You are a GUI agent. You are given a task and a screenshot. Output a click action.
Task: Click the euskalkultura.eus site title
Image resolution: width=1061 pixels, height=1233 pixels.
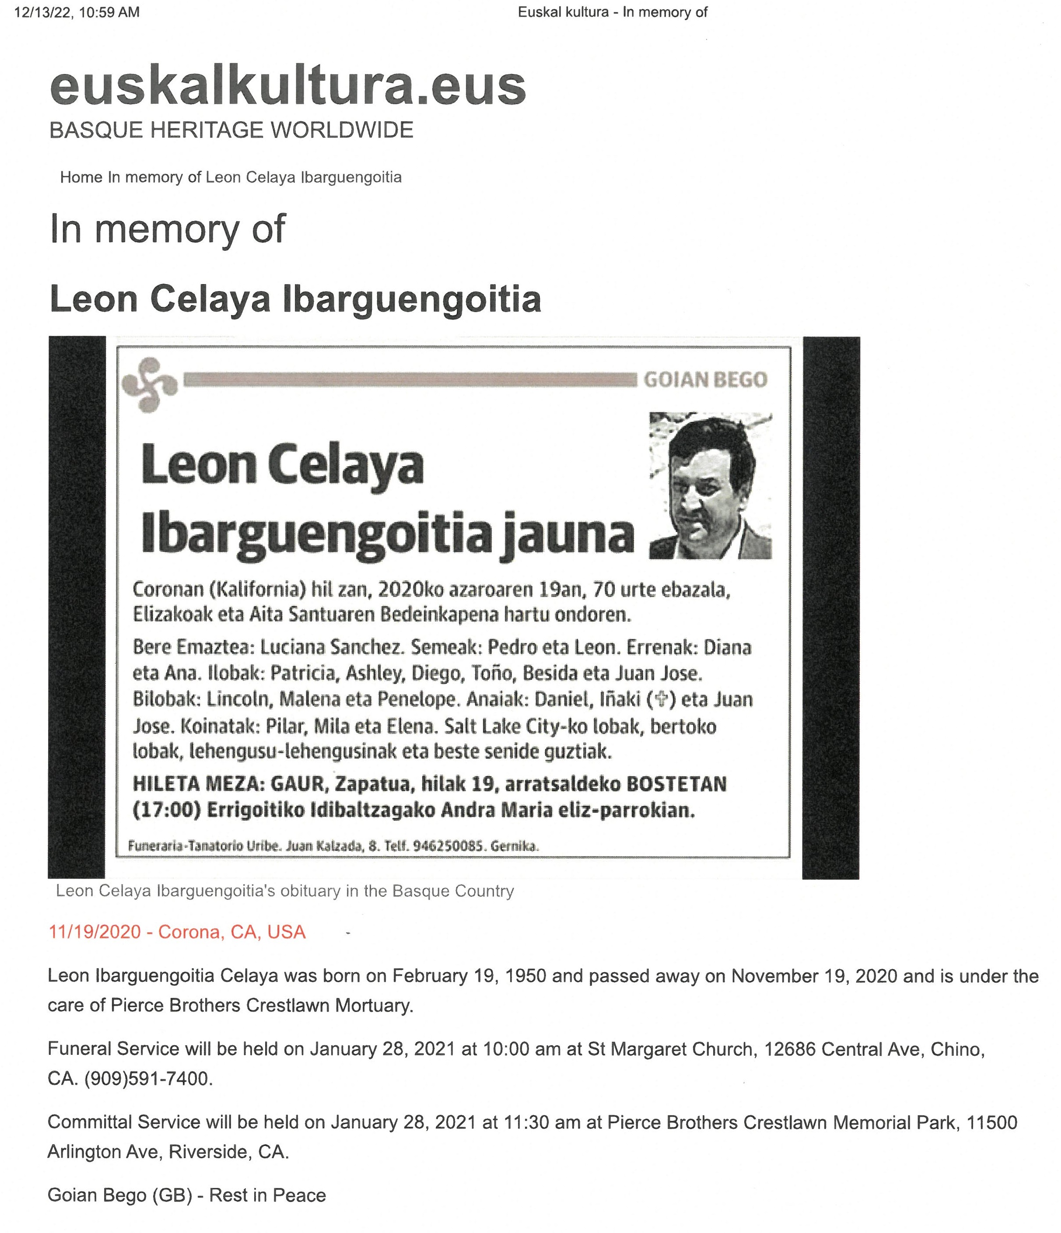[x=287, y=86]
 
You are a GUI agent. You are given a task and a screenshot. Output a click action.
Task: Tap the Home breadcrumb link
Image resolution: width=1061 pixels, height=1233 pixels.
[x=81, y=177]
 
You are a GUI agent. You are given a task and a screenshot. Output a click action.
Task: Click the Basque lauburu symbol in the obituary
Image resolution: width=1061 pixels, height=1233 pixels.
[x=149, y=384]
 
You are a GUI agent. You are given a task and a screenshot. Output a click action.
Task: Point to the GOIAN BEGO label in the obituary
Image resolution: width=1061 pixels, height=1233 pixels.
[x=705, y=379]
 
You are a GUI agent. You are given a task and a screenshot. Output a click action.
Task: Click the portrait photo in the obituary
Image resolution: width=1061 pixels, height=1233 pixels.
[x=711, y=485]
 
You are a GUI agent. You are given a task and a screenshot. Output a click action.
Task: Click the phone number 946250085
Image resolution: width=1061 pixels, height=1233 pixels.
[x=447, y=846]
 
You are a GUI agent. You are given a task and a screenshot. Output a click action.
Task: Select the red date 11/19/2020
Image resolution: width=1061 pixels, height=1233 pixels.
[x=95, y=932]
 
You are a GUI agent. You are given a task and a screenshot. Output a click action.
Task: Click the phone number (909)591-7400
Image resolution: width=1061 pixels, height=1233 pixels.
[x=147, y=1078]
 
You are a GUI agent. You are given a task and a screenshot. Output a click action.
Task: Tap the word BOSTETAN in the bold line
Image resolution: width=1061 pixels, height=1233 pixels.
[x=675, y=784]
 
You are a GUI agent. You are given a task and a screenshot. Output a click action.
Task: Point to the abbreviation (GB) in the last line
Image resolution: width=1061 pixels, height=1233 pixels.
[x=172, y=1195]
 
